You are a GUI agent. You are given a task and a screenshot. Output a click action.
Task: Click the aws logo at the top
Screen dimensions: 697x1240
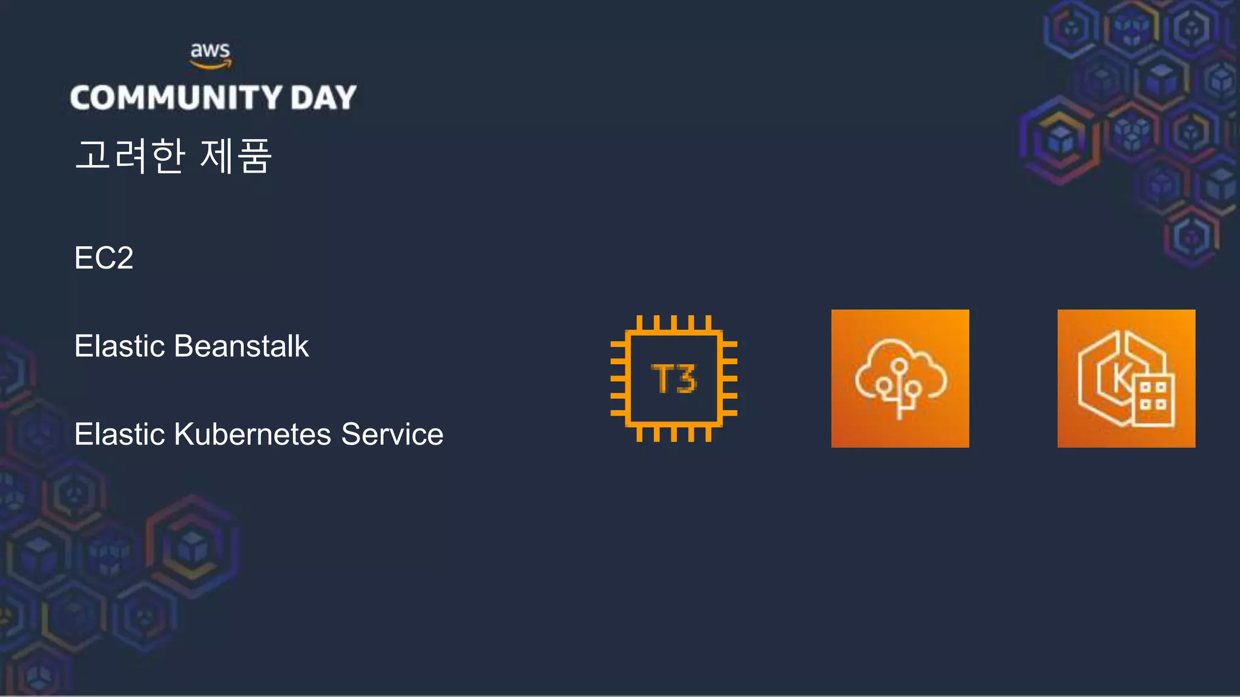(210, 54)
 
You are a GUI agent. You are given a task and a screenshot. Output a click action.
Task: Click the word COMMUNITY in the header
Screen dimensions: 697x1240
(176, 97)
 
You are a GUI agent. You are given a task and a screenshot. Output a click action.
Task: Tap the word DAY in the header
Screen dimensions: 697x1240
(323, 97)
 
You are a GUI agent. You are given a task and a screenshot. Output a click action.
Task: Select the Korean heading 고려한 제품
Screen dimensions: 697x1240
(173, 156)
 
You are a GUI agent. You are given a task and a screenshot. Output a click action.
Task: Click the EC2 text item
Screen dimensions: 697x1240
(104, 258)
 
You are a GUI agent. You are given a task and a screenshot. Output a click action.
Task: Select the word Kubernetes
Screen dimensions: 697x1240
(252, 434)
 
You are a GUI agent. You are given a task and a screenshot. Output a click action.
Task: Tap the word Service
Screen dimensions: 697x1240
(392, 434)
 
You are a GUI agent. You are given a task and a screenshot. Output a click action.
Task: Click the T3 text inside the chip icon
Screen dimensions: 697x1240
(673, 379)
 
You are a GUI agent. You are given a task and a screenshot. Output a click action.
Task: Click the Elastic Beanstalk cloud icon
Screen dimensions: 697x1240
(900, 379)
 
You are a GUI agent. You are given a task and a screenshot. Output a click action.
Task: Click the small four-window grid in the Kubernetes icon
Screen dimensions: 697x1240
(1153, 397)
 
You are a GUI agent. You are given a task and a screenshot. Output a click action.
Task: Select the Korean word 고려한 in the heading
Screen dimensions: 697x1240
(130, 156)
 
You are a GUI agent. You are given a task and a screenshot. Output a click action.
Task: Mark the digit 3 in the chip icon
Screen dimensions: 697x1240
(685, 379)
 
